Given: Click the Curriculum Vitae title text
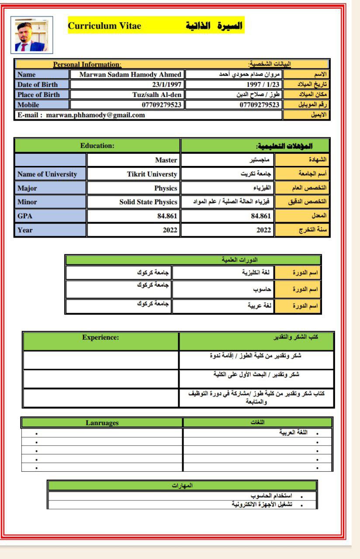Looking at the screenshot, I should point(105,26).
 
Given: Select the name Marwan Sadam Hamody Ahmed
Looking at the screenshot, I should point(130,75).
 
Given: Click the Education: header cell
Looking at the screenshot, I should point(97,145).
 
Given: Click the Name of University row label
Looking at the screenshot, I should point(47,174).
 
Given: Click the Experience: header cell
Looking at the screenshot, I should point(100,337).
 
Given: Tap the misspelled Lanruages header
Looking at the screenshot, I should point(102,423).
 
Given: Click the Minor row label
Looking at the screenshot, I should point(27,202).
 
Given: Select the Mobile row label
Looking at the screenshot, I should point(28,105).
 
